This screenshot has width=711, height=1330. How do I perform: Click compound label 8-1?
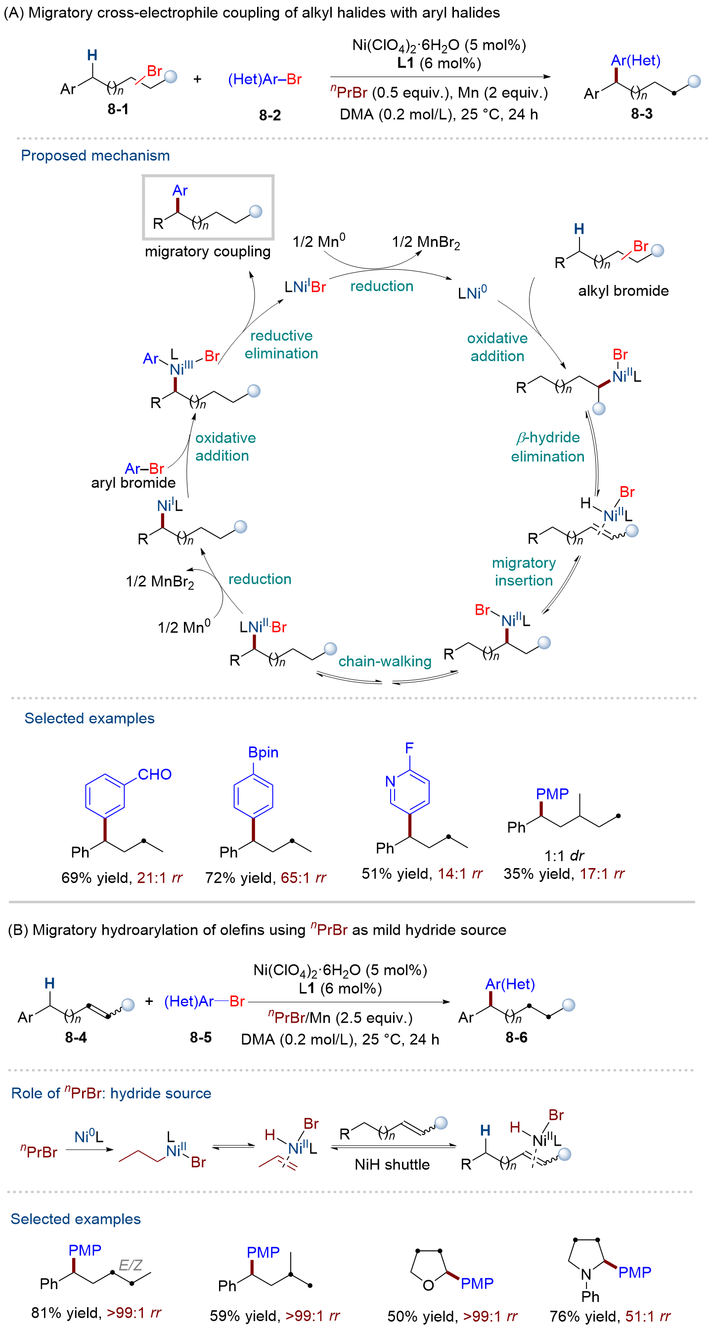(118, 109)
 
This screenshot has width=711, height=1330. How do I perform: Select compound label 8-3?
(641, 114)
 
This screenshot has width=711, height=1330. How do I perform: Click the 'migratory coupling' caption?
(208, 251)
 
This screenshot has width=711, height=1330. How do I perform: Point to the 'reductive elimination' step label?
(281, 344)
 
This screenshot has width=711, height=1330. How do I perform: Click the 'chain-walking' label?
(385, 662)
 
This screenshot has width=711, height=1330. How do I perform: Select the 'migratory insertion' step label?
(524, 572)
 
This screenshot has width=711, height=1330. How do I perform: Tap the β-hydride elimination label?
(548, 447)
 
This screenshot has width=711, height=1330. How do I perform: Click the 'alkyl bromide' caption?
(623, 291)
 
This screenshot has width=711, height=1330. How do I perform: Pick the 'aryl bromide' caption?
(133, 483)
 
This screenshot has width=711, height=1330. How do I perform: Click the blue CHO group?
(154, 775)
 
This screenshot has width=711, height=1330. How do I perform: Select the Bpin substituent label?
(263, 752)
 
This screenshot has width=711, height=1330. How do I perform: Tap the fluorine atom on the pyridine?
(409, 748)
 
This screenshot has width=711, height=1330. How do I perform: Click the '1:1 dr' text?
(564, 856)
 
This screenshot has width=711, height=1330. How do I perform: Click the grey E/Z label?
(130, 1265)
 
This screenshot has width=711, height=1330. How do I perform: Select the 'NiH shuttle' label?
(392, 1164)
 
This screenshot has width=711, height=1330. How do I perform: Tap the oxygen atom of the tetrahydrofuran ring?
(428, 1285)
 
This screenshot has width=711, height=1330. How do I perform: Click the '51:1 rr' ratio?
(648, 1316)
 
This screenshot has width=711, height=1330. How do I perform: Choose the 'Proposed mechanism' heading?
(95, 156)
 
